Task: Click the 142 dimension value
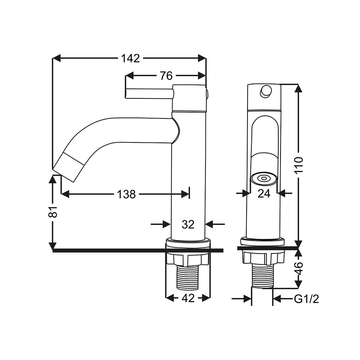[x=130, y=58]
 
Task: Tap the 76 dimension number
[x=166, y=76]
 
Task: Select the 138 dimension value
[x=126, y=194]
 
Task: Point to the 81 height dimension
[x=53, y=212]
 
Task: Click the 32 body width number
[x=188, y=224]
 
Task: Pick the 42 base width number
[x=188, y=298]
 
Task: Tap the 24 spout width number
[x=264, y=194]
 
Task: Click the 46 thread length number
[x=298, y=268]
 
